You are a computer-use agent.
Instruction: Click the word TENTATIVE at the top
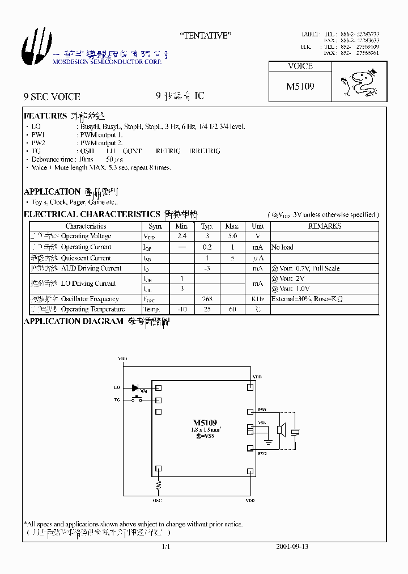205,36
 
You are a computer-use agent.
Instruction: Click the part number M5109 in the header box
300,87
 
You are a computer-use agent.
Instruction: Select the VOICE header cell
300,66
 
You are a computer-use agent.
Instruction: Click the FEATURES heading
45,116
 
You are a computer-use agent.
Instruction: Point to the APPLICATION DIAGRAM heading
73,321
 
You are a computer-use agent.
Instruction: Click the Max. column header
232,226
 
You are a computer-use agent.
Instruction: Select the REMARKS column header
324,226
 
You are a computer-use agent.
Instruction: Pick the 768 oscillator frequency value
207,299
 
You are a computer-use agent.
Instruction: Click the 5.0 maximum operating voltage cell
232,236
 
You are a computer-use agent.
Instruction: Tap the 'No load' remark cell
282,247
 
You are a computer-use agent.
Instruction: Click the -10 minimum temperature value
182,309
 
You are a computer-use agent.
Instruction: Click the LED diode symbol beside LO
136,388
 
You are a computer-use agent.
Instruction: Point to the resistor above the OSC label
159,485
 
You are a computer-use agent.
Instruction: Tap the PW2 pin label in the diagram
262,453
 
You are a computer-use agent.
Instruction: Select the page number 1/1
166,547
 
